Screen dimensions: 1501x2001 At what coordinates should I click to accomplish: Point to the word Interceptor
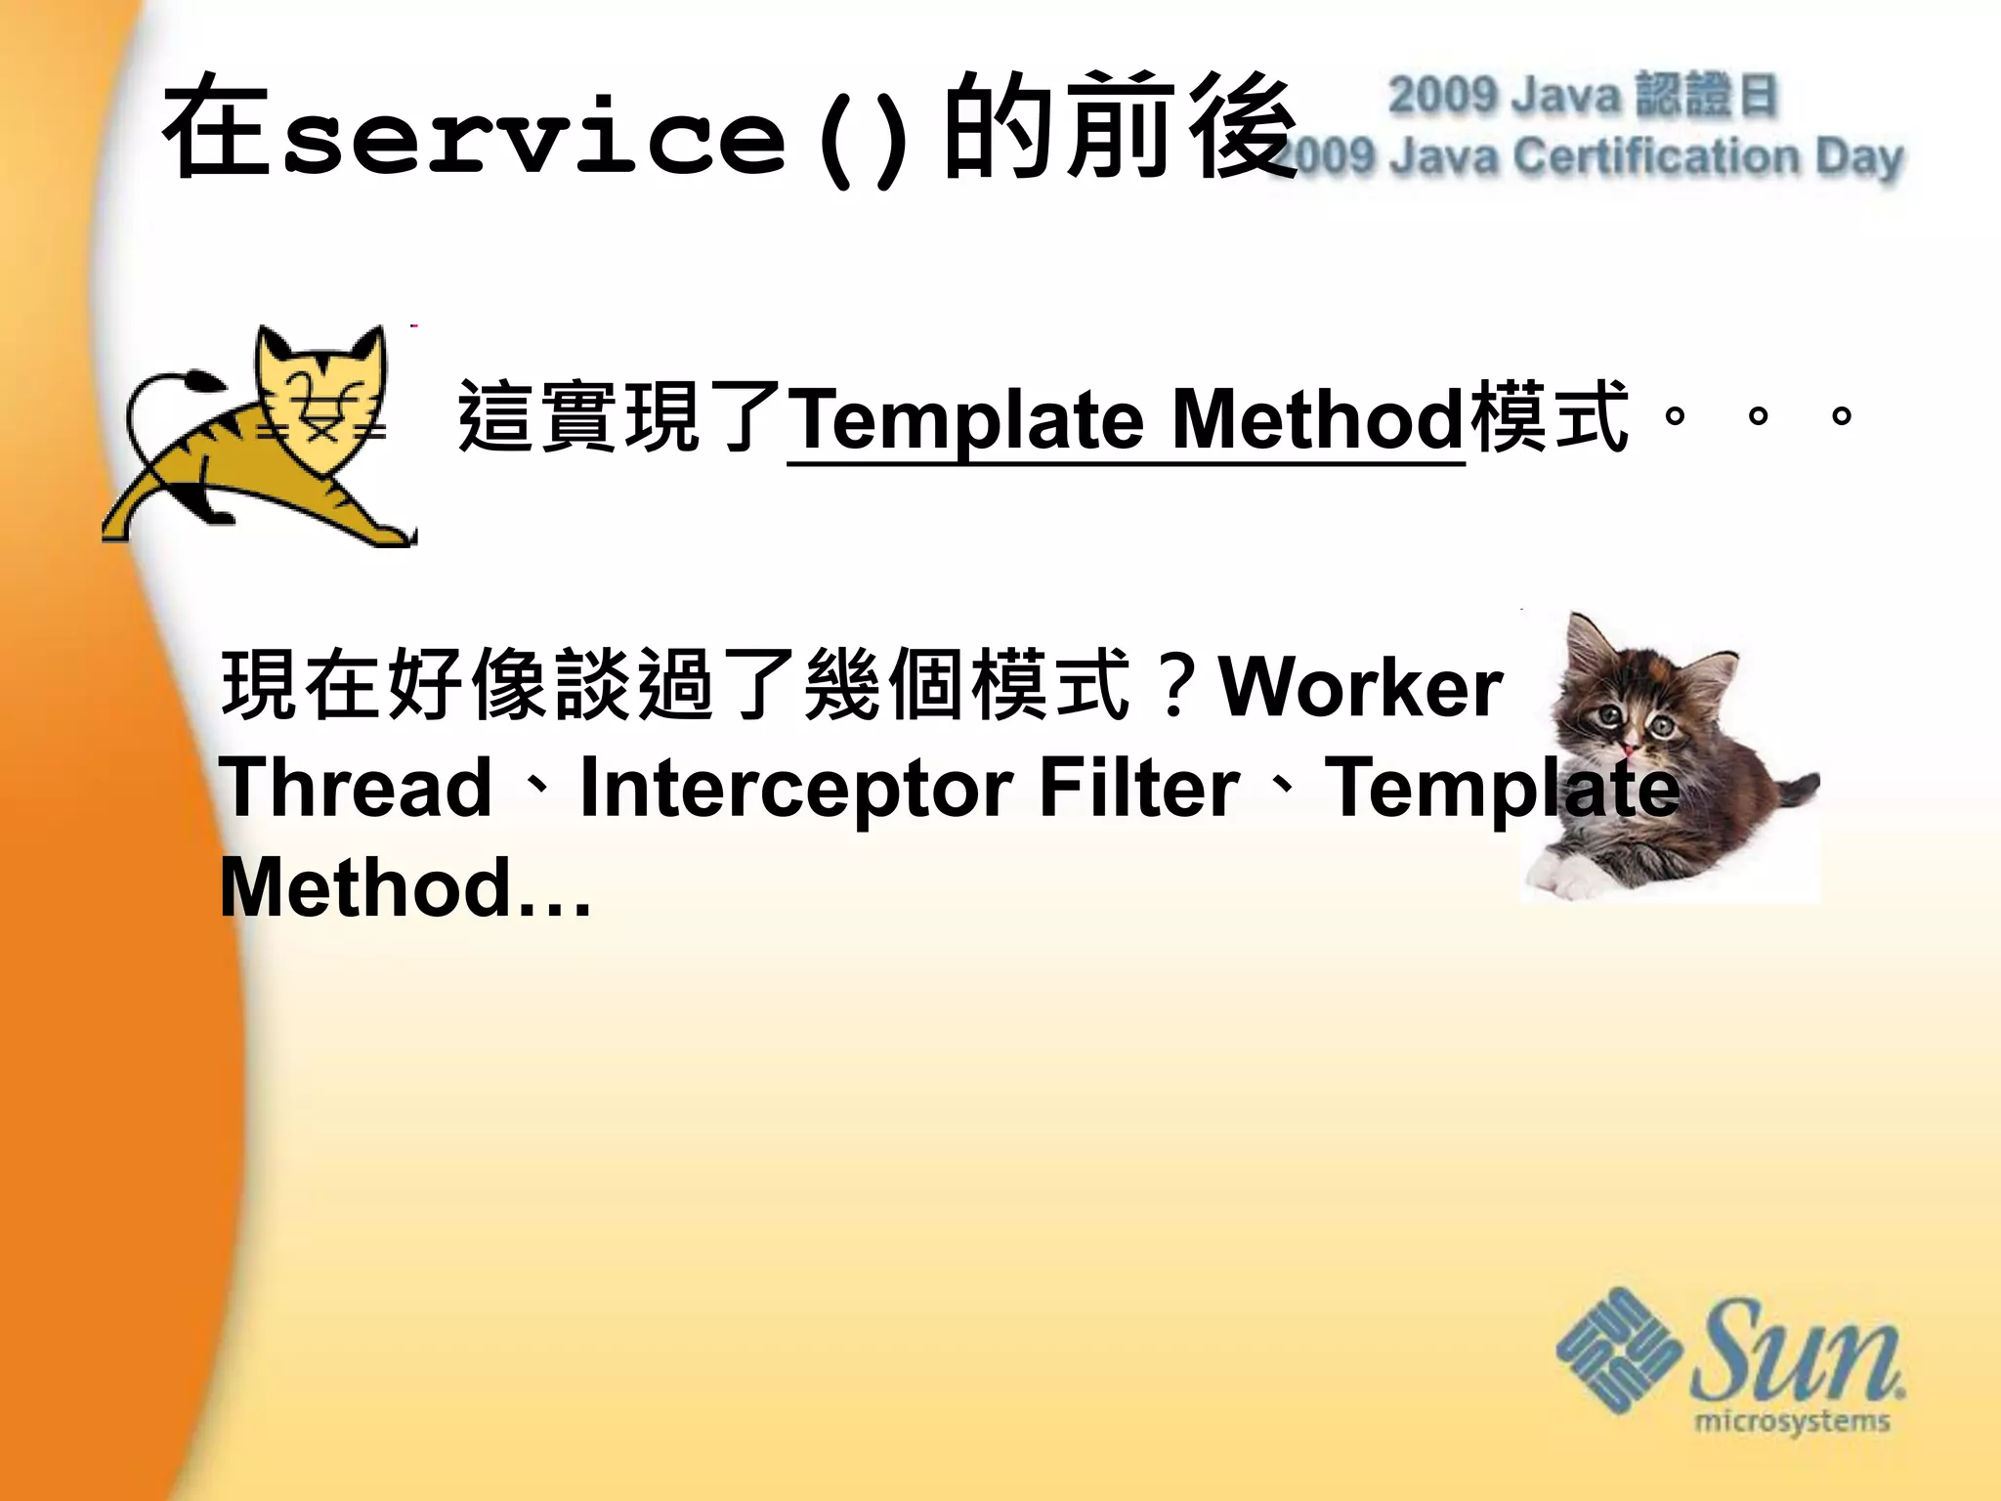(x=795, y=788)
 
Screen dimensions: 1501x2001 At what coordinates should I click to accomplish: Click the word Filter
(x=1138, y=788)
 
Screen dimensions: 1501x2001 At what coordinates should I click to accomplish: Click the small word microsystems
(x=1793, y=1419)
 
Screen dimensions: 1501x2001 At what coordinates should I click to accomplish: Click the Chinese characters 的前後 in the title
(x=1119, y=127)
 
